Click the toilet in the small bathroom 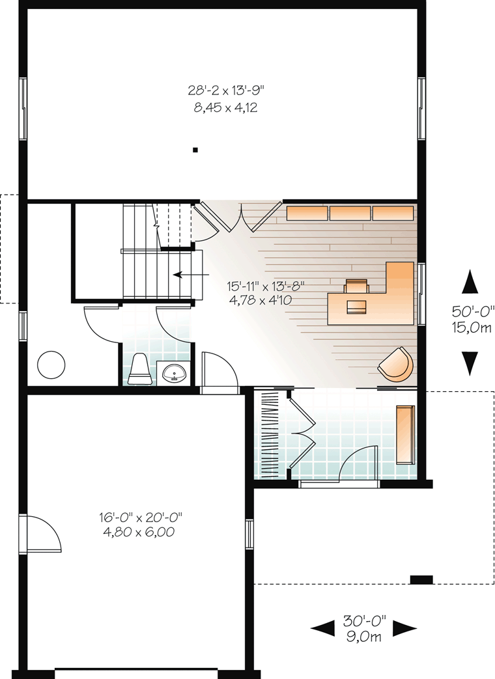(139, 369)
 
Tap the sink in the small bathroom (175, 373)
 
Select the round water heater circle (51, 365)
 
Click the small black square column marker (195, 150)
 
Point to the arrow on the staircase (191, 275)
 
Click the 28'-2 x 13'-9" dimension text (225, 90)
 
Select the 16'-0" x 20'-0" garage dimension (141, 517)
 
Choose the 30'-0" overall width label (364, 621)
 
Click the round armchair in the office (396, 364)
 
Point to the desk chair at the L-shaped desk (356, 286)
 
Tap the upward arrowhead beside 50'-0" (470, 281)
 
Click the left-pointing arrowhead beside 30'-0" (323, 628)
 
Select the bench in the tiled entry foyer (405, 434)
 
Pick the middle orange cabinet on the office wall (350, 213)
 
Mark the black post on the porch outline (421, 579)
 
